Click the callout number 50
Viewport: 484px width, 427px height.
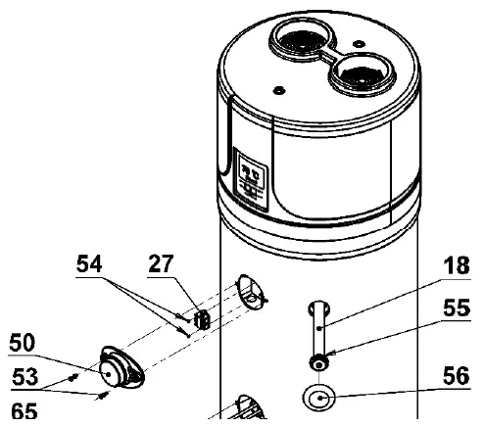click(x=25, y=343)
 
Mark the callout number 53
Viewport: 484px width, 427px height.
click(x=25, y=376)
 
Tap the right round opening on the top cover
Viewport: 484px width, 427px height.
click(x=356, y=72)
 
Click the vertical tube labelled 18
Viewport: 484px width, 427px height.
click(x=316, y=329)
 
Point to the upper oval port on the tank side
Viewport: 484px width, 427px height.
click(x=252, y=291)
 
